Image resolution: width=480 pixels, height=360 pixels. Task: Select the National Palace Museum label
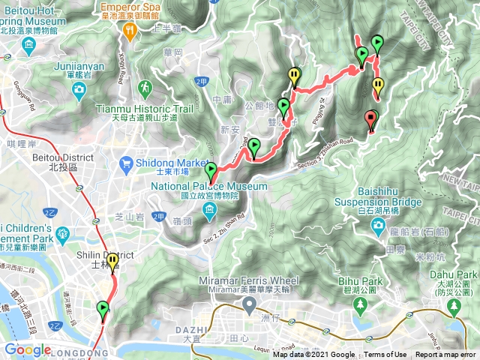pyautogui.click(x=209, y=186)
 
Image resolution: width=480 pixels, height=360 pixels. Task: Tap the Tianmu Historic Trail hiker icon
pyautogui.click(x=143, y=88)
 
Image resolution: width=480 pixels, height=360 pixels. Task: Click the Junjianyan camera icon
pyautogui.click(x=79, y=90)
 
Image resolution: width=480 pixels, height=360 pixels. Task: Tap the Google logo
pyautogui.click(x=28, y=350)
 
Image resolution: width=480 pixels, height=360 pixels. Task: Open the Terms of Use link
pyautogui.click(x=385, y=355)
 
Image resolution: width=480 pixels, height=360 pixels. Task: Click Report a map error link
pyautogui.click(x=445, y=355)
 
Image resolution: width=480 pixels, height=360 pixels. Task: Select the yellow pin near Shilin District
pyautogui.click(x=112, y=262)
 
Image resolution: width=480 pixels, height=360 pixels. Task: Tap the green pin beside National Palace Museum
pyautogui.click(x=210, y=172)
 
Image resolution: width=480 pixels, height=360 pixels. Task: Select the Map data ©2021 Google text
pyautogui.click(x=313, y=355)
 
